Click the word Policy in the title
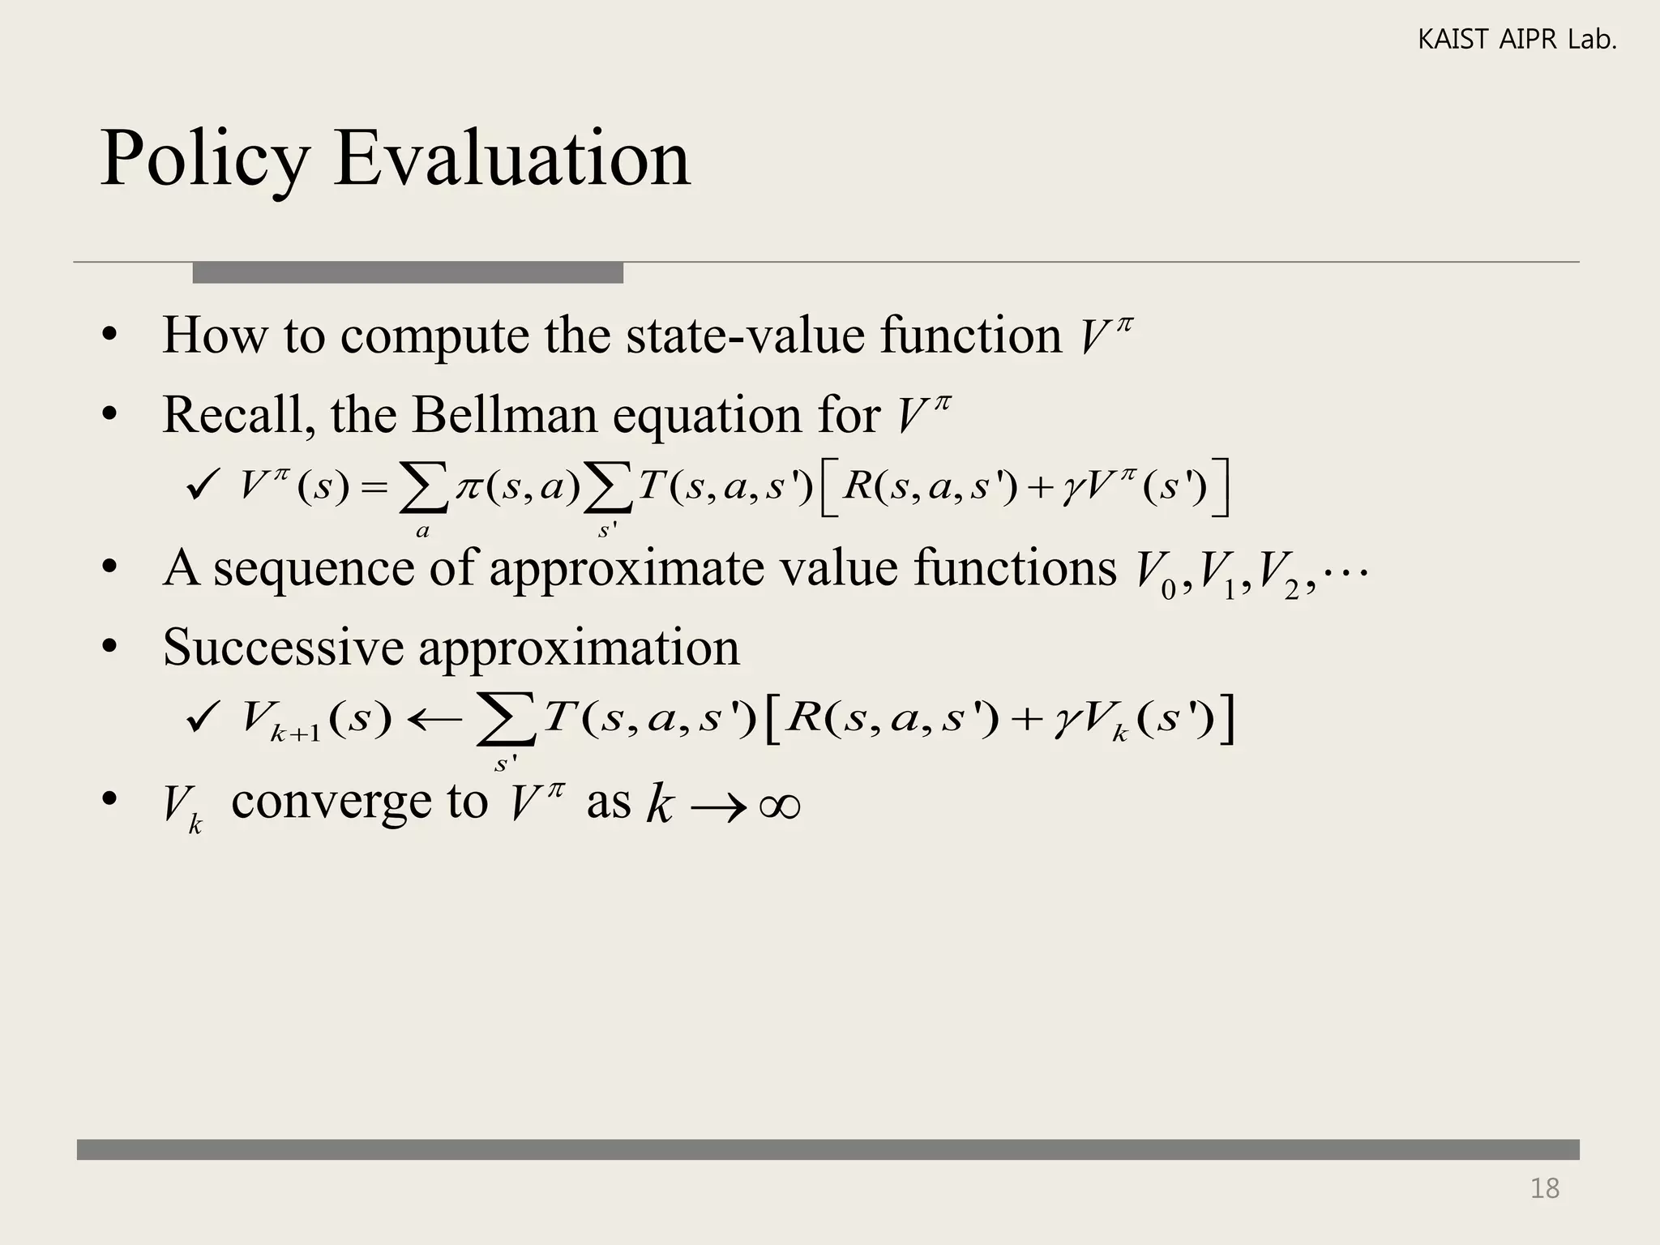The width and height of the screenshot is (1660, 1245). (x=204, y=160)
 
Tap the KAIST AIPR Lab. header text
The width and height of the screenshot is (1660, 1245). (x=1517, y=40)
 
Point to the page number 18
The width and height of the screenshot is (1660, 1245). (x=1544, y=1188)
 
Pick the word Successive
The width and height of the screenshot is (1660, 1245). (x=283, y=648)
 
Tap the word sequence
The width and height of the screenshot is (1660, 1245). (x=314, y=569)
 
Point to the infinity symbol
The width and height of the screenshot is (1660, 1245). (x=780, y=806)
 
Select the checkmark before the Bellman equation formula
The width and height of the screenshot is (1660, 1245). (x=200, y=487)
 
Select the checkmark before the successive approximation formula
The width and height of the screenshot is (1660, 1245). (x=200, y=717)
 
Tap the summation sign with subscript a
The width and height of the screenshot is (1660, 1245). (x=423, y=490)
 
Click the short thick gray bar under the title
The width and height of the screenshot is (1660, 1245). (x=408, y=273)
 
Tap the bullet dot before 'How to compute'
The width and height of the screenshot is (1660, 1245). (x=110, y=336)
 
